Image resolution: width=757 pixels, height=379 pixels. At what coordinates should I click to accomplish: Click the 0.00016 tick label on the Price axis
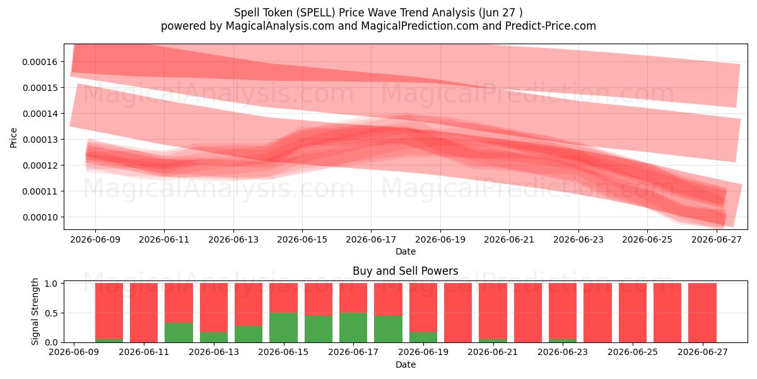(40, 62)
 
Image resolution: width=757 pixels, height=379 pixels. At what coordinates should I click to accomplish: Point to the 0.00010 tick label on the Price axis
(40, 217)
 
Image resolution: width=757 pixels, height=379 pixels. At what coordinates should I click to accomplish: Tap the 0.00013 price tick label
(40, 140)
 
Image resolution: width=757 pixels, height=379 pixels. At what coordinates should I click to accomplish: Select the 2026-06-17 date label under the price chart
(371, 239)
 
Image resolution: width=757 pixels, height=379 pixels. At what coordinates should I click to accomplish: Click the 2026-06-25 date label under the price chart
(647, 239)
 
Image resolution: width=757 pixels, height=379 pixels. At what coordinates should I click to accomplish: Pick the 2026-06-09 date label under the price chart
(95, 239)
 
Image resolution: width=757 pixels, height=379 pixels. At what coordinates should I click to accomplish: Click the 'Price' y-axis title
(13, 138)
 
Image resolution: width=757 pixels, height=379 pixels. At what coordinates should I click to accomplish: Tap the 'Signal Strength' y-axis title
(35, 311)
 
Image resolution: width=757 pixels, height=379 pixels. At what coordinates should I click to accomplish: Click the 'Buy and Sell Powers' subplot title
(406, 271)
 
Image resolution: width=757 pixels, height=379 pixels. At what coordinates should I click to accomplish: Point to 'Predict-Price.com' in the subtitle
(551, 26)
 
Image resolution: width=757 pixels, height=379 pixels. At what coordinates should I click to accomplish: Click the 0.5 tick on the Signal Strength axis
(51, 313)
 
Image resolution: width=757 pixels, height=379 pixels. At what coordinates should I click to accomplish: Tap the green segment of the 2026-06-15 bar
(283, 328)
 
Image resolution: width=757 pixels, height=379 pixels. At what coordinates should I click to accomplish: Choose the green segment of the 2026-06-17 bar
(353, 328)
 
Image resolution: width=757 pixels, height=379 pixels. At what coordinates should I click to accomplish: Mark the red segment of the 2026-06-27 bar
(702, 313)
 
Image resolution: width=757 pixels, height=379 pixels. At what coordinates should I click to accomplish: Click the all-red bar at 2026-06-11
(144, 313)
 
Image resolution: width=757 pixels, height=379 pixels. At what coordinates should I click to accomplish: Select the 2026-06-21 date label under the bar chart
(493, 352)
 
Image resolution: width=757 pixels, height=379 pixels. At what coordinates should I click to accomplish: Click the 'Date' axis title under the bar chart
(406, 364)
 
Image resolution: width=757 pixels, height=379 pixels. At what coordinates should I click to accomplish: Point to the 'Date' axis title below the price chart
(406, 251)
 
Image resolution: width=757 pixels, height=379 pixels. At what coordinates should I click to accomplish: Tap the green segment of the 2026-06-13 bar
(214, 337)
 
